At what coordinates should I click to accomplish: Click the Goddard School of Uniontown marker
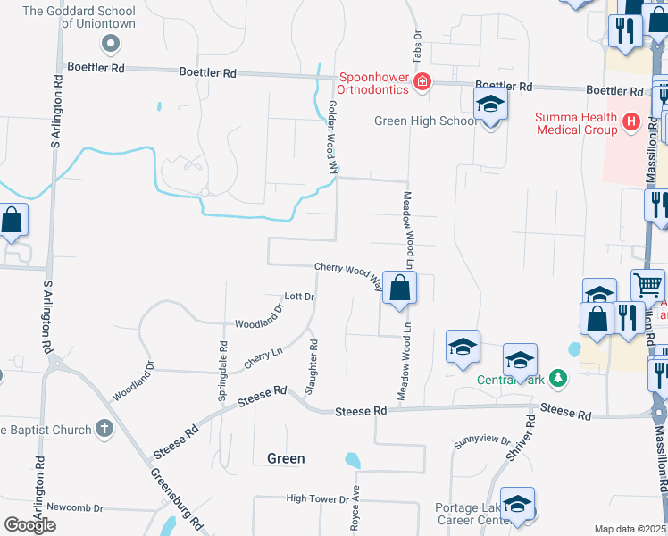pos(112,42)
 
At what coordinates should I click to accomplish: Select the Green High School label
pos(425,121)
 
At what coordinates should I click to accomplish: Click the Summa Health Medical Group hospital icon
pos(632,121)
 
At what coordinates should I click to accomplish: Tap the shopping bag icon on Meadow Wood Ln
pos(400,289)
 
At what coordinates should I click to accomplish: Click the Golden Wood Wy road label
pos(333,137)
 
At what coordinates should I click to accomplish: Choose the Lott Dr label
pos(299,297)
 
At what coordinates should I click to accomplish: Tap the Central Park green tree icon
pos(558,378)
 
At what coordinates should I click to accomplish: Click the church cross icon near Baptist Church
pos(104,429)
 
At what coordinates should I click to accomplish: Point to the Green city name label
pos(286,458)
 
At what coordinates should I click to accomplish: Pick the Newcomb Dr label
pos(75,507)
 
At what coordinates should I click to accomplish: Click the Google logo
pos(29,525)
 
